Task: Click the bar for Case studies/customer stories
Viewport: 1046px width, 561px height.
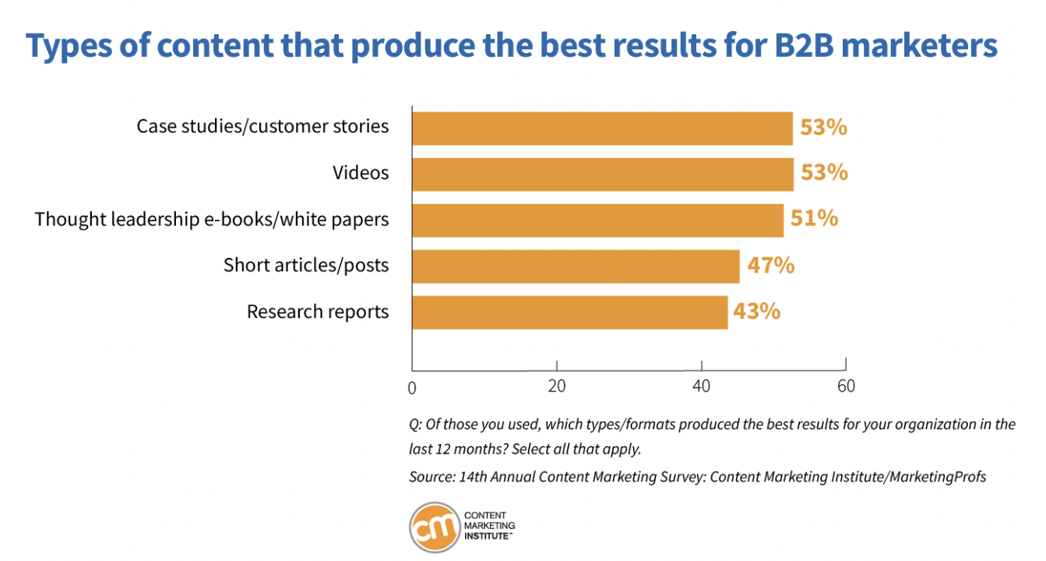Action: point(602,129)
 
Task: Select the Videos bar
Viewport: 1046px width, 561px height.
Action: point(602,174)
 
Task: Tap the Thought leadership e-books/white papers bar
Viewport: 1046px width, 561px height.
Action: point(597,220)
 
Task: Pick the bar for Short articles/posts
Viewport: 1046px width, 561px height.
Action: point(576,266)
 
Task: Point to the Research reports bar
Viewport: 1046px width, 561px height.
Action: point(569,312)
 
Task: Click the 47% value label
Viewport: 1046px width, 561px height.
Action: point(771,266)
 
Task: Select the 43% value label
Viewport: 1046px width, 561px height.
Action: point(756,312)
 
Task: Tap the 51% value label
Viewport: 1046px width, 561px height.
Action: point(815,219)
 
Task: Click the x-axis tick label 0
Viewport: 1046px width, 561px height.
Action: point(412,387)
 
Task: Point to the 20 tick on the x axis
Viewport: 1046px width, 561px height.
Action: point(556,386)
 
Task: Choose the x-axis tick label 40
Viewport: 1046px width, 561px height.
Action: point(701,386)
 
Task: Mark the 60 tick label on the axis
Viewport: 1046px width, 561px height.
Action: point(846,386)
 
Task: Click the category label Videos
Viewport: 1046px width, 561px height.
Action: point(361,173)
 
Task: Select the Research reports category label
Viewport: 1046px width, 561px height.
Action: point(318,312)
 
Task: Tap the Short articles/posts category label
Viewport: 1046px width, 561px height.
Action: point(306,266)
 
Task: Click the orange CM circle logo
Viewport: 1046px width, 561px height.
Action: point(434,526)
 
